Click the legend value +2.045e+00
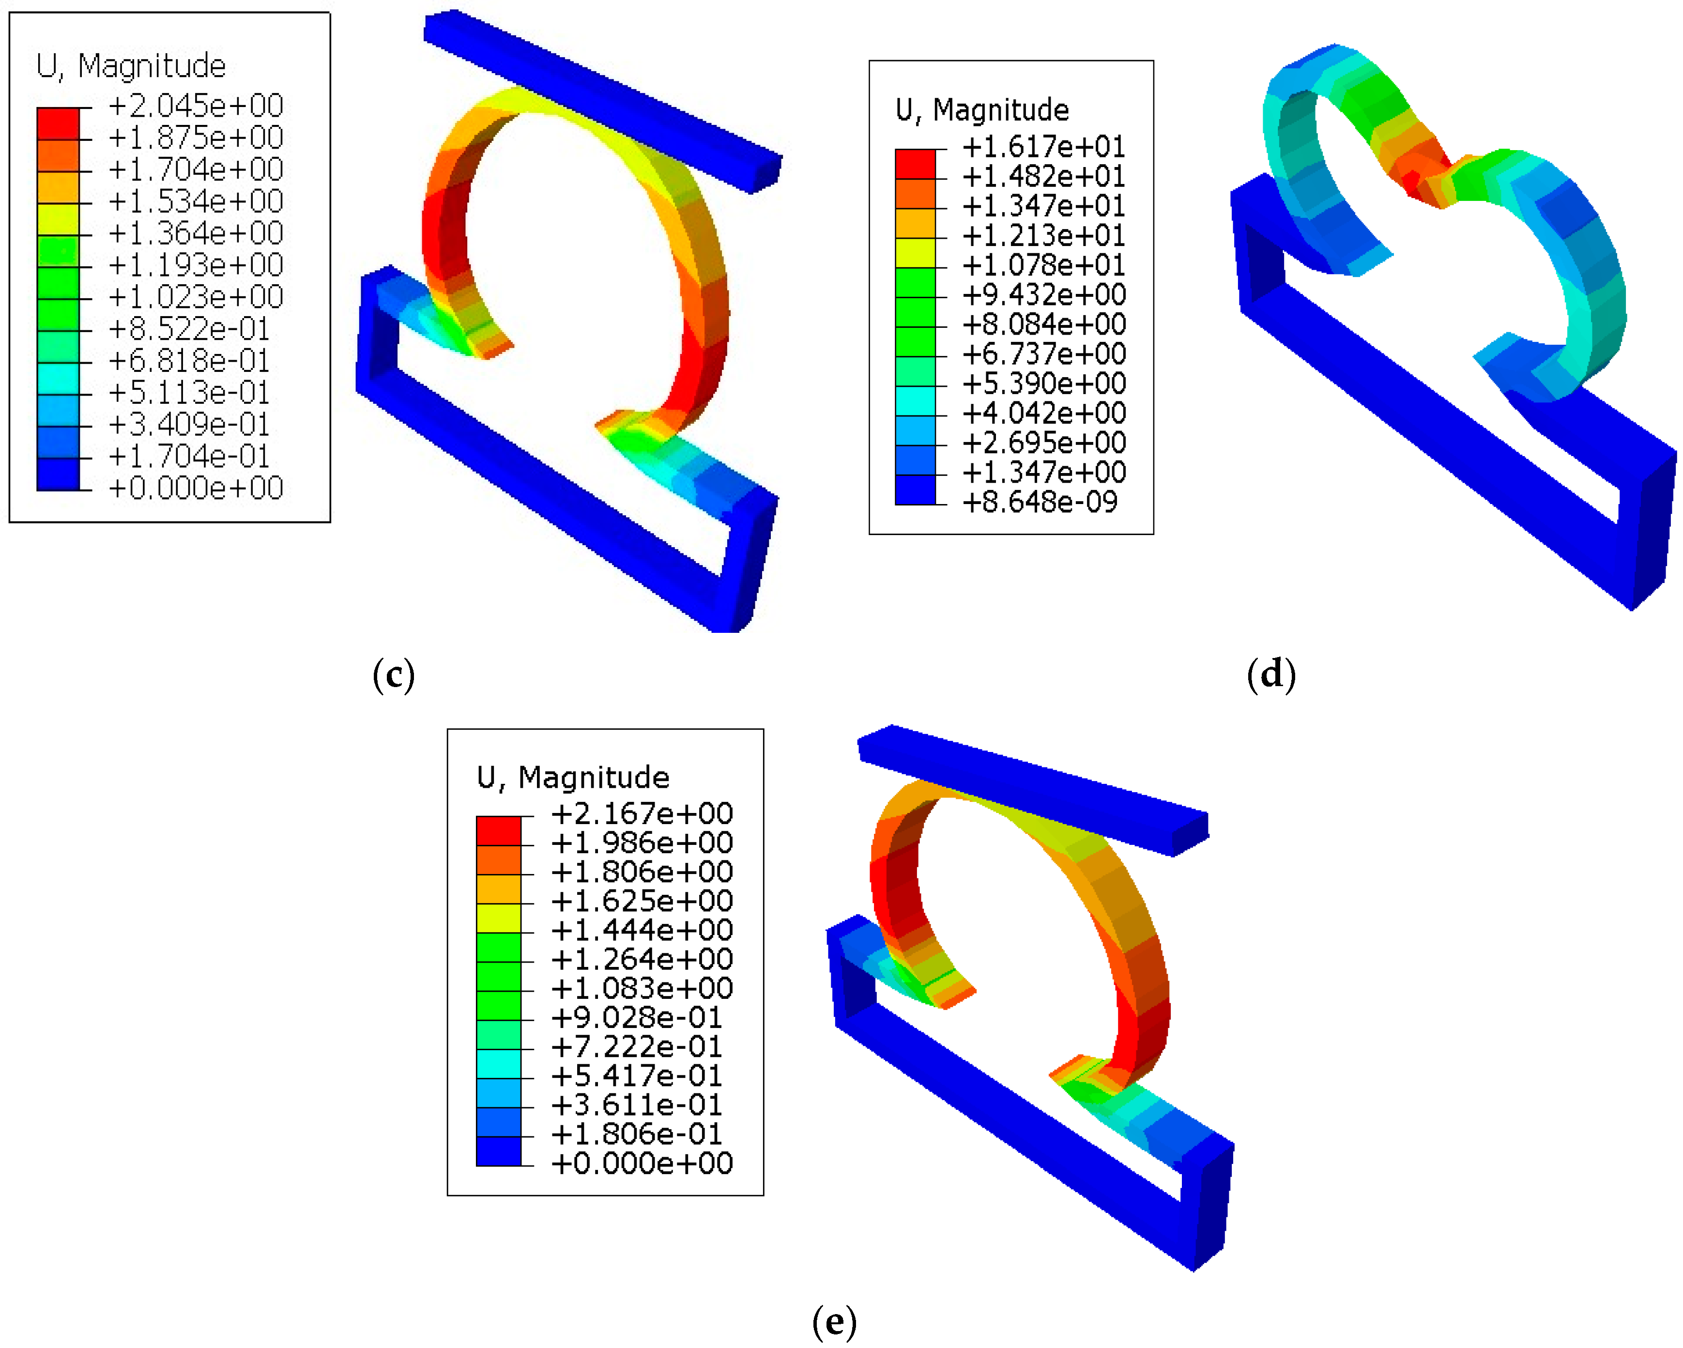pyautogui.click(x=195, y=106)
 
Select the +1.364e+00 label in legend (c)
pyautogui.click(x=195, y=232)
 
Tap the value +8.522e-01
pyautogui.click(x=189, y=329)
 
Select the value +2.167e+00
pyautogui.click(x=642, y=813)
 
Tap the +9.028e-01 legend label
pyautogui.click(x=636, y=1017)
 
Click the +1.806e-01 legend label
pyautogui.click(x=636, y=1134)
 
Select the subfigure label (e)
pyautogui.click(x=834, y=1322)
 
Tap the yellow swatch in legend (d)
pyautogui.click(x=915, y=253)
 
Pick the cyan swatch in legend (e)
pyautogui.click(x=498, y=1064)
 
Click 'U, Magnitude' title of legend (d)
pyautogui.click(x=982, y=110)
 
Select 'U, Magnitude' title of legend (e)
pyautogui.click(x=573, y=778)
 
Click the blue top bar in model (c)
pyautogui.click(x=601, y=98)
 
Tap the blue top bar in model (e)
pyautogui.click(x=1030, y=788)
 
